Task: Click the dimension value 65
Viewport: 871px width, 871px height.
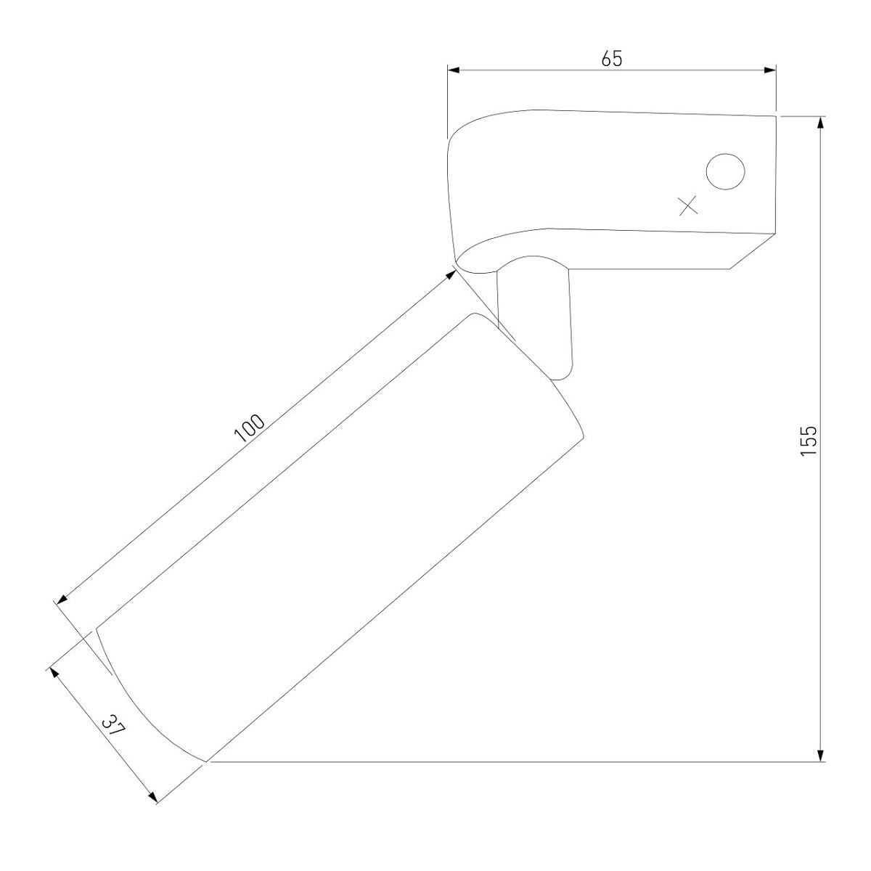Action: click(612, 59)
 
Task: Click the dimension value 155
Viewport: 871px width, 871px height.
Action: click(809, 441)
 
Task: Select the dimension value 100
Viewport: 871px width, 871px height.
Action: click(249, 428)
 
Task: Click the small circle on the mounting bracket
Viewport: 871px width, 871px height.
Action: click(725, 171)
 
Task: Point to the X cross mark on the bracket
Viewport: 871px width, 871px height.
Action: click(688, 205)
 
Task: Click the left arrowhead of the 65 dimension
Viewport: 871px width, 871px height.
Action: click(454, 70)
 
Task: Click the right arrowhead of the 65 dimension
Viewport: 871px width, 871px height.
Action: click(770, 70)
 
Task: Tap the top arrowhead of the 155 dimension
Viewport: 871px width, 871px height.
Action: click(820, 123)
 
